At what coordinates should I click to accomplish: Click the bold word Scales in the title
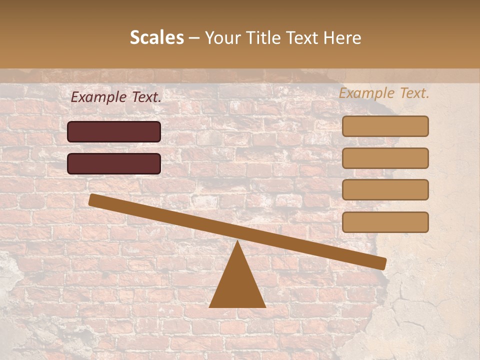(x=156, y=37)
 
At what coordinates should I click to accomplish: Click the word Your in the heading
(x=222, y=37)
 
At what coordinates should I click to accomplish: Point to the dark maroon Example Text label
(x=116, y=97)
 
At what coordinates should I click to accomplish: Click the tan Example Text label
(x=384, y=93)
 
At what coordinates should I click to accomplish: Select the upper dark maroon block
(x=114, y=131)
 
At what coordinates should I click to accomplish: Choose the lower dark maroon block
(x=114, y=163)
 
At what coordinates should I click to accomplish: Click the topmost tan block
(x=385, y=126)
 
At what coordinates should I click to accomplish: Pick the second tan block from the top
(x=385, y=158)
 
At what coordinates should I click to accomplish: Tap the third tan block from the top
(x=385, y=189)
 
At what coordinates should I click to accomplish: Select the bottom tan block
(x=385, y=222)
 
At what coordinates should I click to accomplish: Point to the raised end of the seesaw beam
(x=93, y=199)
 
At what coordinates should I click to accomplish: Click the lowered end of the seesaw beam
(x=382, y=263)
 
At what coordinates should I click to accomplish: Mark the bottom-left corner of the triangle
(x=210, y=306)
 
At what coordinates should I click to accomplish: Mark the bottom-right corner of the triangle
(x=265, y=306)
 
